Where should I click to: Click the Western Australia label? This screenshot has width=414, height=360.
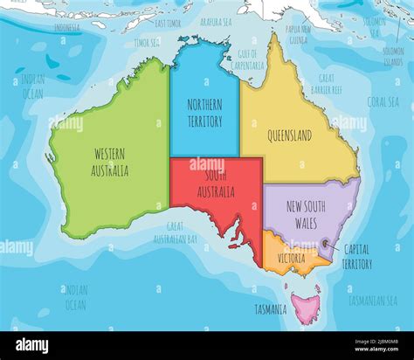pos(111,162)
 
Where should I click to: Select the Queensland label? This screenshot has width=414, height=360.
pos(294,137)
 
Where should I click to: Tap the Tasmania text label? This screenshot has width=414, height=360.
pos(271,309)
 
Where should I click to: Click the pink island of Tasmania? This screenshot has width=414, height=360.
pos(306,307)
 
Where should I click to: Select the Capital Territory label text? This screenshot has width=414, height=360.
pos(356,257)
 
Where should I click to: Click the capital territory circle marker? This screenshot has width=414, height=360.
pos(326,244)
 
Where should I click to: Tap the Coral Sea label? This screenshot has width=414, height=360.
pos(383,100)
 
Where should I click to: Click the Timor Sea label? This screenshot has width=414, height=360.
pos(146,41)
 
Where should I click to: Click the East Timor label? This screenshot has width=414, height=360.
pos(167,22)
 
